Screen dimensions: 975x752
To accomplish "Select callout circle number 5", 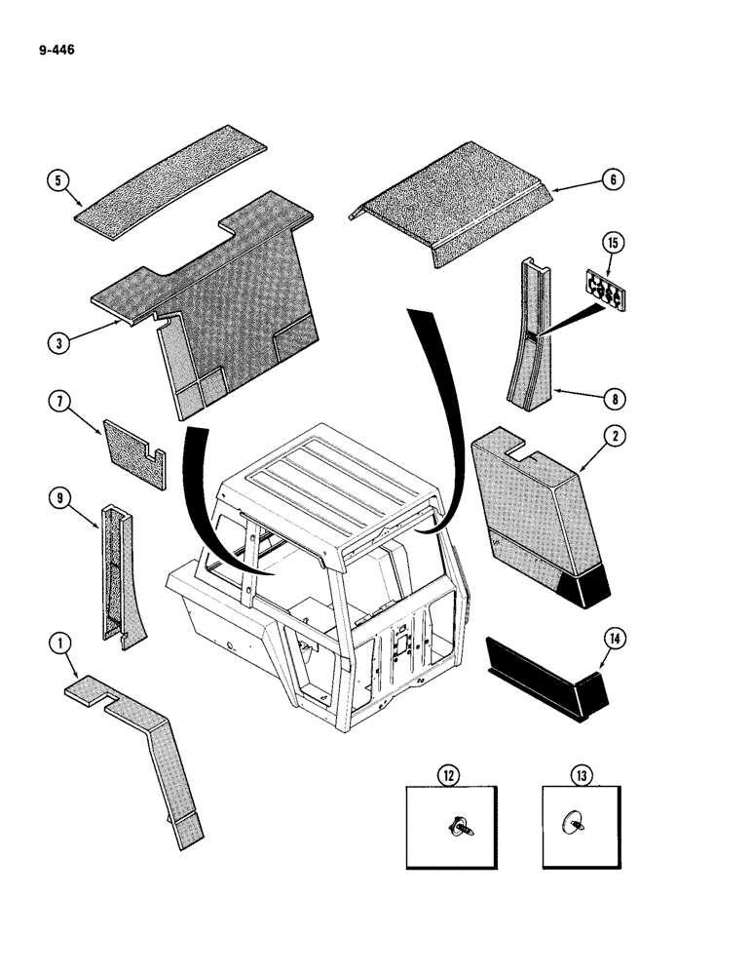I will pyautogui.click(x=57, y=179).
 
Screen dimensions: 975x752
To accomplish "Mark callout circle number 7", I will pyautogui.click(x=58, y=402).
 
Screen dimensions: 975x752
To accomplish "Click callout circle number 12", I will pyautogui.click(x=449, y=775).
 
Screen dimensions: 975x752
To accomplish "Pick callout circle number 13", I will pyautogui.click(x=583, y=775).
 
